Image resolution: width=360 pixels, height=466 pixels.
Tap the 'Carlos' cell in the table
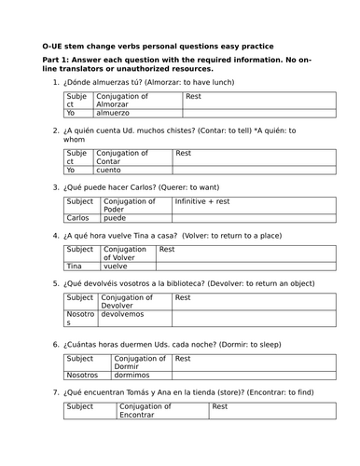(x=78, y=217)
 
